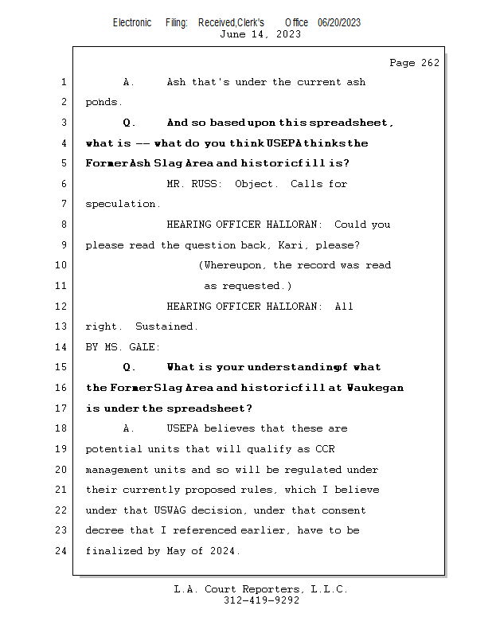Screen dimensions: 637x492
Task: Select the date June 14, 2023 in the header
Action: click(260, 34)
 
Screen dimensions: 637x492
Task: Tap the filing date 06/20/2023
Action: click(339, 22)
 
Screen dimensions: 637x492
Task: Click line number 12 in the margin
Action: click(62, 306)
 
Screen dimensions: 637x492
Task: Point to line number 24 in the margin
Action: click(62, 550)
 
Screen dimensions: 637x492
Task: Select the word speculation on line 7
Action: click(123, 204)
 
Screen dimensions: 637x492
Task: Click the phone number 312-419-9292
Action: click(260, 600)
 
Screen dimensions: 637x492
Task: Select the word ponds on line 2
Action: click(103, 102)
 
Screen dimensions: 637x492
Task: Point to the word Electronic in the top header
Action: click(132, 22)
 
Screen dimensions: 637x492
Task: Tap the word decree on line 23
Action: click(104, 530)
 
